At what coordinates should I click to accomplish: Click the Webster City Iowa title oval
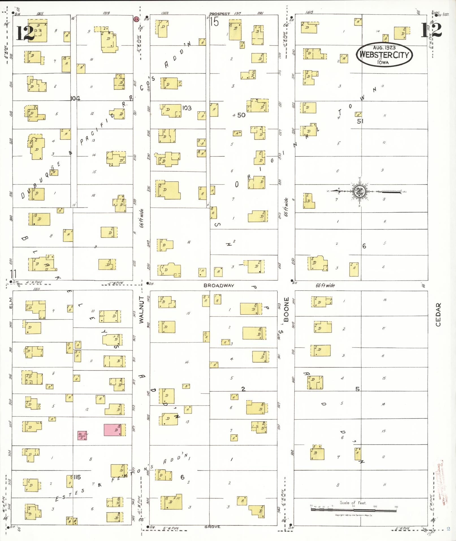384,54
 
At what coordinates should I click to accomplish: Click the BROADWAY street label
219,286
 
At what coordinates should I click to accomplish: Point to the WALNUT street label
141,310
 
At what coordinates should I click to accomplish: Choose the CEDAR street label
438,314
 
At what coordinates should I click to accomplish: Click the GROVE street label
212,527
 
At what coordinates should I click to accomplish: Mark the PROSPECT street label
220,14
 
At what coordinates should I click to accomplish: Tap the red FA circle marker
136,20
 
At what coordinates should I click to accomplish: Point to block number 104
75,98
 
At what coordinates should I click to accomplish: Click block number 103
187,108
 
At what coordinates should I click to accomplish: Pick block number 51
360,121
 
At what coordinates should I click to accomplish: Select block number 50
241,115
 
